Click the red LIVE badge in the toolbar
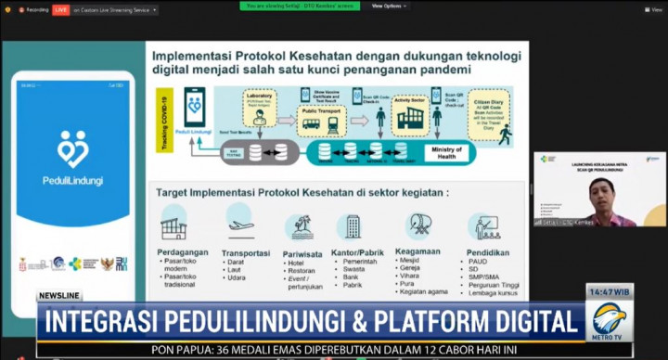pos(61,9)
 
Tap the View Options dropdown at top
pos(390,6)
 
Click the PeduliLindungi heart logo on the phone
pos(72,148)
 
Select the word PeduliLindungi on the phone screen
pos(72,181)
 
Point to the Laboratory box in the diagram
pos(261,101)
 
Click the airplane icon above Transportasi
pos(241,225)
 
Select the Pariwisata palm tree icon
pos(300,226)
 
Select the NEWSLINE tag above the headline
pos(59,296)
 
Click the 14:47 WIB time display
pos(608,292)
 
